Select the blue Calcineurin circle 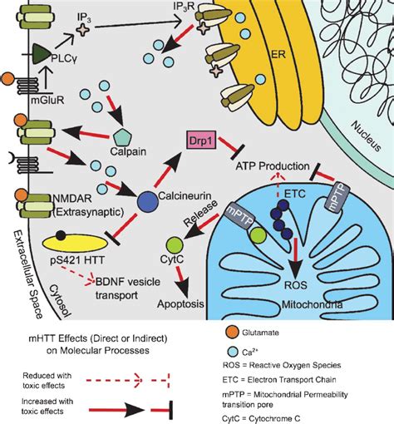126,200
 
